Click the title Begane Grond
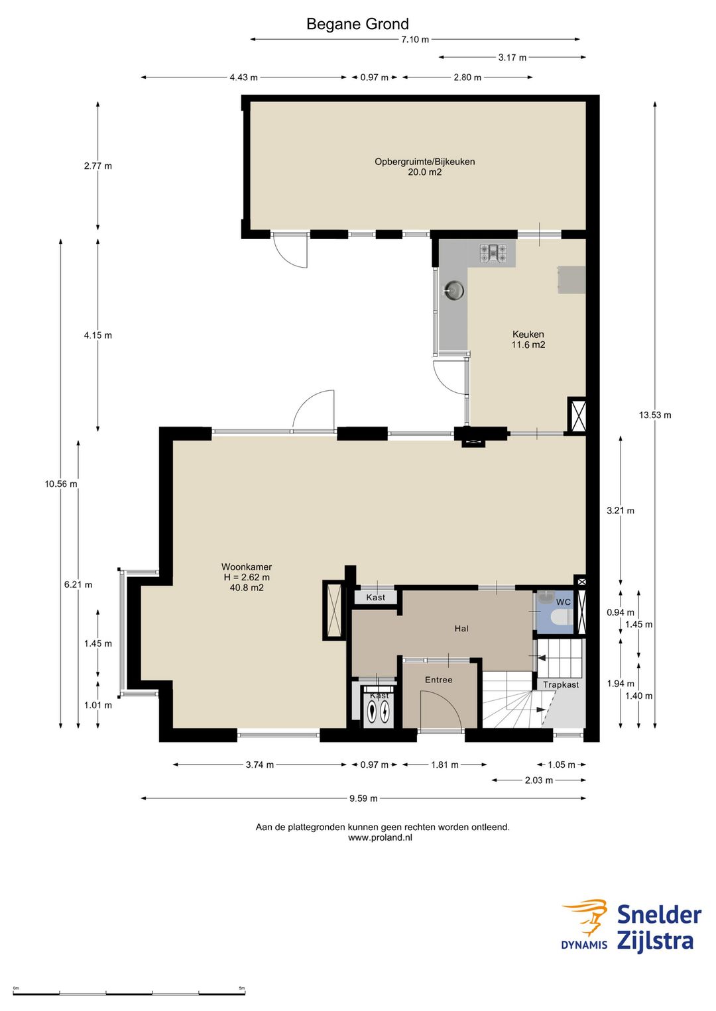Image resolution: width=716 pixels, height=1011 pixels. (357, 24)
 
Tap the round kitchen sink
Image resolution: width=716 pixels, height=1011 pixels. (453, 290)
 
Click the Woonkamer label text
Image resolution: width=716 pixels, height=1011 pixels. (246, 567)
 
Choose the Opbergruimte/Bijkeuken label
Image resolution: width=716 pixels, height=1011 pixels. (425, 162)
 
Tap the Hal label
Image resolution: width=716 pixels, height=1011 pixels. (461, 628)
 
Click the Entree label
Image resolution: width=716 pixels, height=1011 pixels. (438, 680)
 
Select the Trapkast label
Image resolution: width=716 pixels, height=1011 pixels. (561, 684)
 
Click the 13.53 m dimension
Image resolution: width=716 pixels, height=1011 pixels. (654, 415)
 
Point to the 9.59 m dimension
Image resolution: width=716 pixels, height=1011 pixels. (363, 798)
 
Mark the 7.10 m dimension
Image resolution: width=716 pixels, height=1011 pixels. (415, 40)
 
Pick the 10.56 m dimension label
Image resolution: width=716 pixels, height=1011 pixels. (61, 484)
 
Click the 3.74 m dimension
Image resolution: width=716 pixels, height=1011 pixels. (260, 765)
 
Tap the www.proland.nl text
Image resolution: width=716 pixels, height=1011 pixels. (380, 837)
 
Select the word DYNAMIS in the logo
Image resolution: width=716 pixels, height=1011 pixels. (584, 944)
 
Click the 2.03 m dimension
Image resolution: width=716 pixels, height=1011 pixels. (538, 780)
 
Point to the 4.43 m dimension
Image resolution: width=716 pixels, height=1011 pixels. (243, 78)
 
